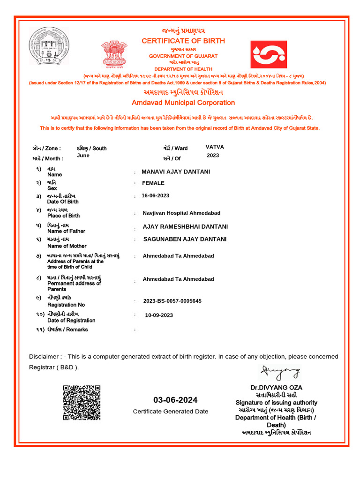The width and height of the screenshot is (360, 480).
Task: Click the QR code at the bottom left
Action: coord(82,402)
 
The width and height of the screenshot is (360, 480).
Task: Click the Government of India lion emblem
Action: coord(114,53)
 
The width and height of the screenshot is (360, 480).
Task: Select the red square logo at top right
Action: coord(269,54)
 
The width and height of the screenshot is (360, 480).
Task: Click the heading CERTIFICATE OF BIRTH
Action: coord(183,41)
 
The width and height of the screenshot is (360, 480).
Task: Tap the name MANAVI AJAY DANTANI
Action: coord(176,172)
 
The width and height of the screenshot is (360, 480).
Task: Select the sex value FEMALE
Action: coord(153,183)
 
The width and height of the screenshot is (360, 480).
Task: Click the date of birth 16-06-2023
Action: coord(155,195)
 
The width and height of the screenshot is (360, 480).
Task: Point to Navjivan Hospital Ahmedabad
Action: coord(181,213)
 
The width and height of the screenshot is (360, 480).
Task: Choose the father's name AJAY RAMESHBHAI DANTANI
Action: coord(185,226)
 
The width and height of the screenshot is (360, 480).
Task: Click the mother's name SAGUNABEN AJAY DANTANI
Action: coord(185,239)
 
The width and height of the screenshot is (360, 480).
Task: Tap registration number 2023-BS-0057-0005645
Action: coord(172,301)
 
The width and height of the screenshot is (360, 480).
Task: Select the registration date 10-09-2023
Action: coord(159,315)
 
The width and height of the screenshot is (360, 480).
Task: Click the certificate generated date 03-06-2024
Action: coord(175,400)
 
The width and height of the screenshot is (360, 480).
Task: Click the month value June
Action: coord(83,155)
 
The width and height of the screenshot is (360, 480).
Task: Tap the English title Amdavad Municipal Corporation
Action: coord(183,103)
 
